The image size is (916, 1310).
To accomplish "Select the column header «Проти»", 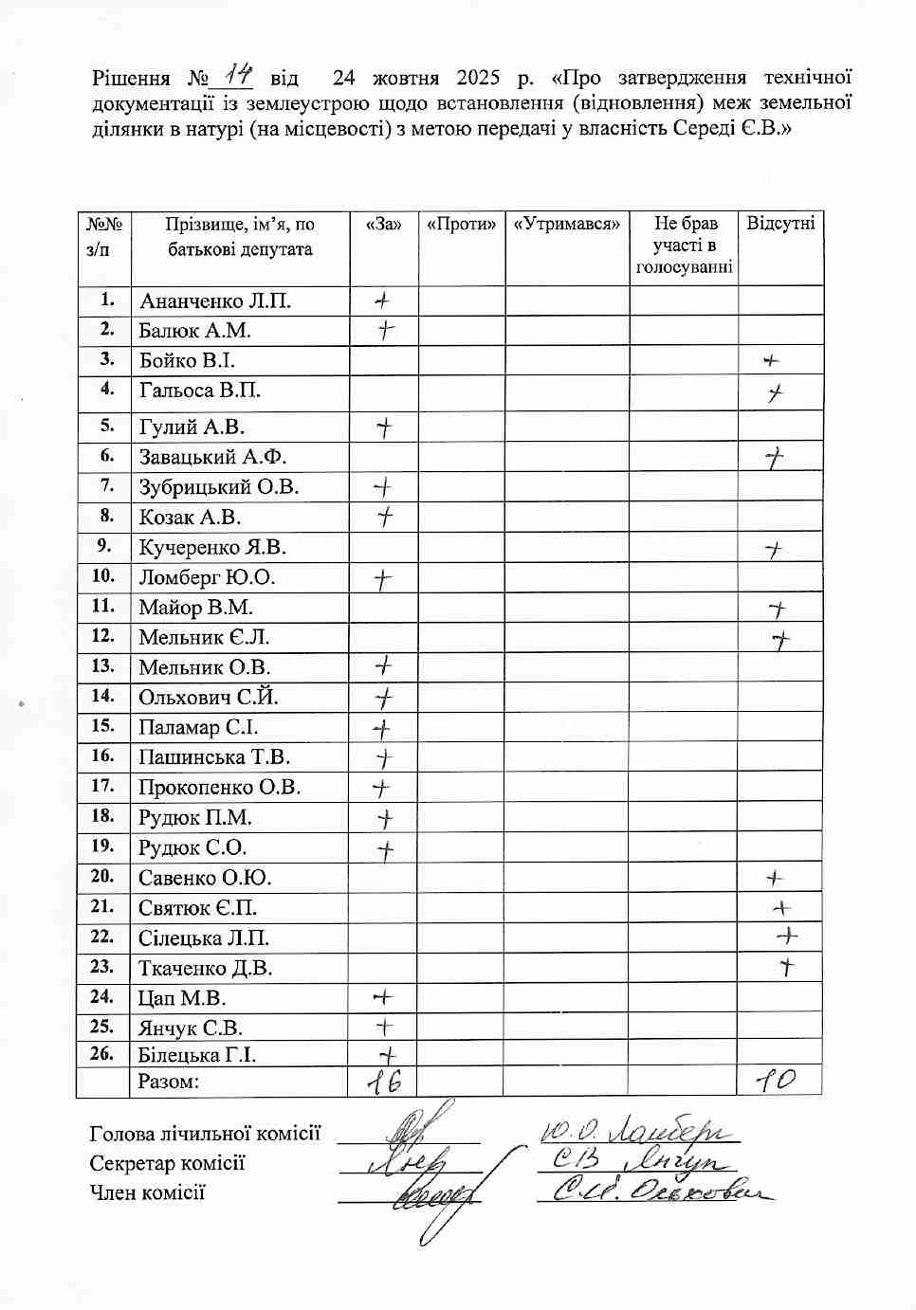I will point(461,225).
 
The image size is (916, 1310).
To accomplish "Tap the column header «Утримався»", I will point(567,225).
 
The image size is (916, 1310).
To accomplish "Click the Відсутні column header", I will point(780,225).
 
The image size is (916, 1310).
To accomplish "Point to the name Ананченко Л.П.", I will point(215,301).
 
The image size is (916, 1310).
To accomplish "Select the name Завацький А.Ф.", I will point(212,457).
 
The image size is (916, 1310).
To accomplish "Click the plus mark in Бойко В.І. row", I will point(771,361).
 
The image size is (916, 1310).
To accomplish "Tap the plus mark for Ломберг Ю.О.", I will point(382,578).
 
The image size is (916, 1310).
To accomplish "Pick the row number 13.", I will point(102,666).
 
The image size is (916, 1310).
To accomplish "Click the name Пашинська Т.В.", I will point(214,757).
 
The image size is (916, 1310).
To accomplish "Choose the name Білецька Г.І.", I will point(197,1055).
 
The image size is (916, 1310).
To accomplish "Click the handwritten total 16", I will point(384,1082).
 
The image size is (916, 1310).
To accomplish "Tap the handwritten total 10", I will point(776,1080).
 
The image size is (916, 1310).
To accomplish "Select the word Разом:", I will point(169,1082).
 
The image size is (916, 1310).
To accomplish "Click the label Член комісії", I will point(147,1192).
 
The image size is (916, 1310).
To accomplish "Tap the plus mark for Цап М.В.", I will point(382,997).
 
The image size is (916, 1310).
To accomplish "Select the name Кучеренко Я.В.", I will point(212,548).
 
